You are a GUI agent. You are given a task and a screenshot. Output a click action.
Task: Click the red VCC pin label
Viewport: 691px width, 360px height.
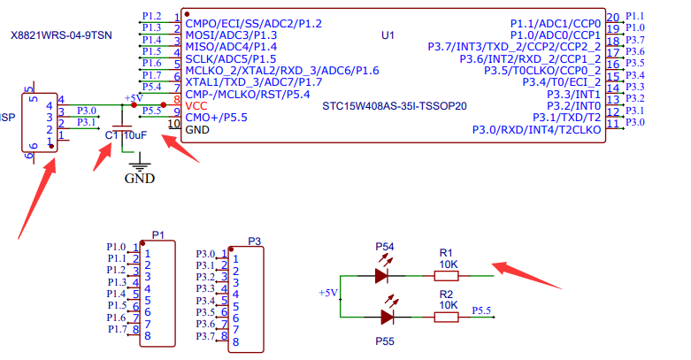[196, 106]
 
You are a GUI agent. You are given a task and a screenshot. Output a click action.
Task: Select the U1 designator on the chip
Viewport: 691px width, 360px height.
[388, 35]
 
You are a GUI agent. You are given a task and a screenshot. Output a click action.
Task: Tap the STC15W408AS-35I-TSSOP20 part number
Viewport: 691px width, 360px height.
[395, 106]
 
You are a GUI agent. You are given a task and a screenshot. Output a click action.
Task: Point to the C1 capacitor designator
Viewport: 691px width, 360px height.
[111, 135]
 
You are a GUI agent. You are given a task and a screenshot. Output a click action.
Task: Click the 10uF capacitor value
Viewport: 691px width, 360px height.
[135, 135]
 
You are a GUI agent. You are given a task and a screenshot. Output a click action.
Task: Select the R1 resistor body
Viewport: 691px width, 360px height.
[447, 276]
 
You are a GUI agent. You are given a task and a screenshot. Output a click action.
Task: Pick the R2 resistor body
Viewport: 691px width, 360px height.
[447, 318]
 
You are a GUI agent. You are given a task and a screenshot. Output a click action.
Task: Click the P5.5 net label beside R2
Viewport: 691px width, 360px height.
[481, 310]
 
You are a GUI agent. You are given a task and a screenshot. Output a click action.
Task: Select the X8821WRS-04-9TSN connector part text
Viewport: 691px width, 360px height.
[61, 35]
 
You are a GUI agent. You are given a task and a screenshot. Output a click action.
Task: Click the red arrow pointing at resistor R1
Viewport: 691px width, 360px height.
[526, 275]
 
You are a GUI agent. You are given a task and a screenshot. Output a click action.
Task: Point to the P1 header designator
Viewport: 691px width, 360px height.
[157, 235]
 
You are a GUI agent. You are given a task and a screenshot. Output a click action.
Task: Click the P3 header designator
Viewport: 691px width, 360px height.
[254, 241]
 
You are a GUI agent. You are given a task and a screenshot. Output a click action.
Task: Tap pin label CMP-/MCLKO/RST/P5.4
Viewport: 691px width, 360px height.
[248, 95]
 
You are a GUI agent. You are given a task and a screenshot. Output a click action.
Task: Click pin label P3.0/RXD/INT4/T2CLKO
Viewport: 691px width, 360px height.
[537, 130]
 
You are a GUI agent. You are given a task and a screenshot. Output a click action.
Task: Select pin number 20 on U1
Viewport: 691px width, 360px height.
[613, 18]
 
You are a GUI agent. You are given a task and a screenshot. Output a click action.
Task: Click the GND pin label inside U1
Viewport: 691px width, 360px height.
[197, 130]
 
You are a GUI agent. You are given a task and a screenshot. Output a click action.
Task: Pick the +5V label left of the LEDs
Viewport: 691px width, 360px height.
[328, 293]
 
